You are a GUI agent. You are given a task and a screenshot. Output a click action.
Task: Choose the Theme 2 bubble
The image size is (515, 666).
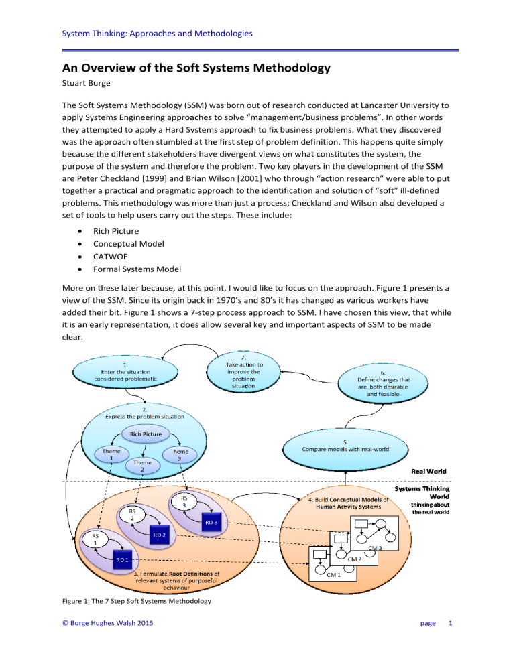pos(141,466)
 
